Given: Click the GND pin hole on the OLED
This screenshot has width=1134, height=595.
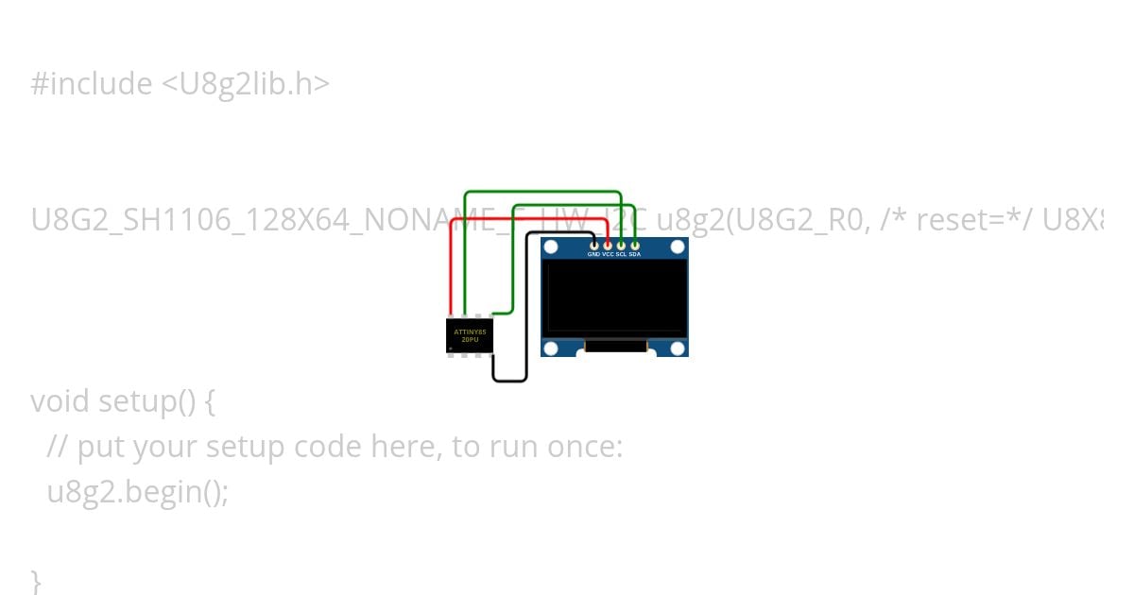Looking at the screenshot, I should coord(593,246).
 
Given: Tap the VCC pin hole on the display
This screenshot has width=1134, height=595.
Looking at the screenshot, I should coord(608,246).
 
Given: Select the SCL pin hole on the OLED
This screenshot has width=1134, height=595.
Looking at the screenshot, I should coord(621,246).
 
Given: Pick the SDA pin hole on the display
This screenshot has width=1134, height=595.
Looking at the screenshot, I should coord(635,246).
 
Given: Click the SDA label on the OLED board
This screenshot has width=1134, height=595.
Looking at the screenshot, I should coord(635,255).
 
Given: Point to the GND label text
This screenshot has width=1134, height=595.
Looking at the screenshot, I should coord(593,255).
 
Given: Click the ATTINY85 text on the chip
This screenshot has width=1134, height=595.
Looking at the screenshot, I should coord(470,331).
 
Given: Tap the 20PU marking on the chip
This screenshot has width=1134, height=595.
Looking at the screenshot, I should coord(470,340).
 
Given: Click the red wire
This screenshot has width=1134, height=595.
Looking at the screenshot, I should coord(452,264).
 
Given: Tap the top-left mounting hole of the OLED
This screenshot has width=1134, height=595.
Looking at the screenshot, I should coord(552,247).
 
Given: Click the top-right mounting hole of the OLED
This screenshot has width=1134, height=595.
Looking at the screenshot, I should coord(677,247).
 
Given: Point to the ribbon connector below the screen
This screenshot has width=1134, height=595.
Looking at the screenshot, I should coord(615,347).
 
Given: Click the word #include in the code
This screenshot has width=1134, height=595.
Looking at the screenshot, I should coord(91,84).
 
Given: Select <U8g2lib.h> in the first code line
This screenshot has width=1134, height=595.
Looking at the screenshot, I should coord(245,84).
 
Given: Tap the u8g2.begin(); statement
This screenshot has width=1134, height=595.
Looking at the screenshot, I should coord(138,492).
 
